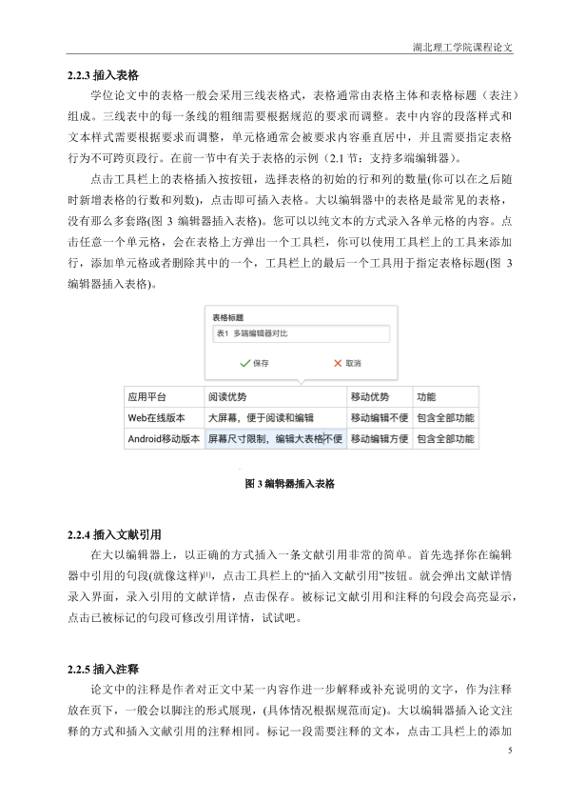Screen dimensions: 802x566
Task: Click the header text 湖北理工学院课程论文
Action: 463,47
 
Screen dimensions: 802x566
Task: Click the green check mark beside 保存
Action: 244,363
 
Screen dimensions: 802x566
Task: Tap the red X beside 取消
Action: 337,363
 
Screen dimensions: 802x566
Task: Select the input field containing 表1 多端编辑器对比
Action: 301,333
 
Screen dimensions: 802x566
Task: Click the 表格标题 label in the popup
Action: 227,317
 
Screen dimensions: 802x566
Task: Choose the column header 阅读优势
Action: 227,396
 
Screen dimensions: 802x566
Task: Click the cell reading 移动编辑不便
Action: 379,417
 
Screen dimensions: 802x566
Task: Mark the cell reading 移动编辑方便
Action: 379,439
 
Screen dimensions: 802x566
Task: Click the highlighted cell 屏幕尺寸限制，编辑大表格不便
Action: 274,439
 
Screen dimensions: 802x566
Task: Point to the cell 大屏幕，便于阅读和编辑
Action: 260,417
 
